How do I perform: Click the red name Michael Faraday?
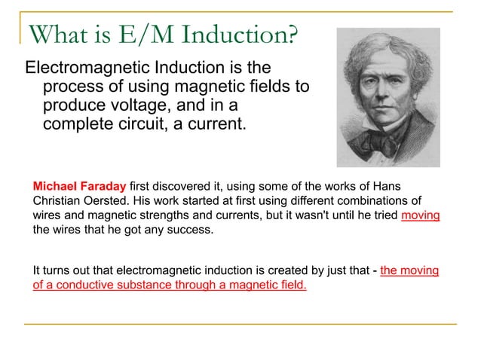(80, 186)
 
